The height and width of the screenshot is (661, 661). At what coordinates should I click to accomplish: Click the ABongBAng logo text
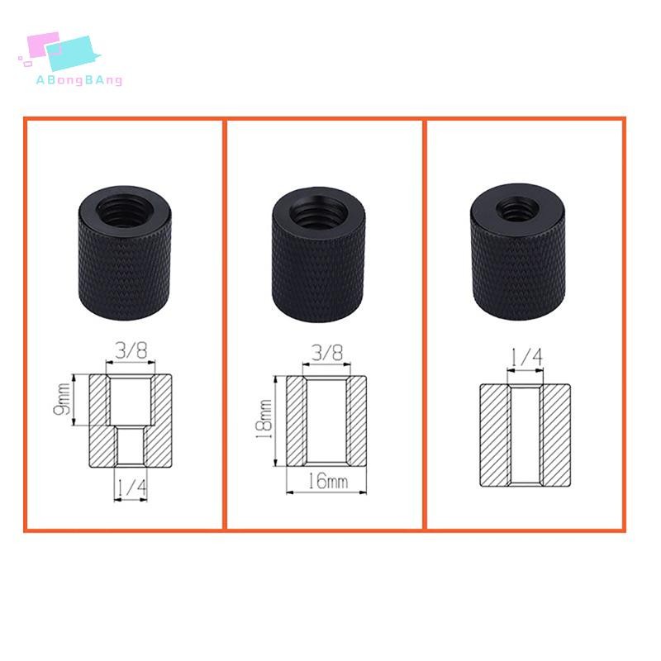click(79, 80)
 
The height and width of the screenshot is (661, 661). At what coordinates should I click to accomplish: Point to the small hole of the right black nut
click(517, 208)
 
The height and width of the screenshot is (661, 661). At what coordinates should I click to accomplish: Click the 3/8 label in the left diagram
click(131, 350)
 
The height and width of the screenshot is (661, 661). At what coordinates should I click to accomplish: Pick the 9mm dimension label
click(62, 399)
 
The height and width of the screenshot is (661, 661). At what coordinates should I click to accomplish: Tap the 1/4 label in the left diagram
click(131, 487)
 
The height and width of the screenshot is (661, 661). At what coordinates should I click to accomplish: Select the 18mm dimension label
click(264, 420)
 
